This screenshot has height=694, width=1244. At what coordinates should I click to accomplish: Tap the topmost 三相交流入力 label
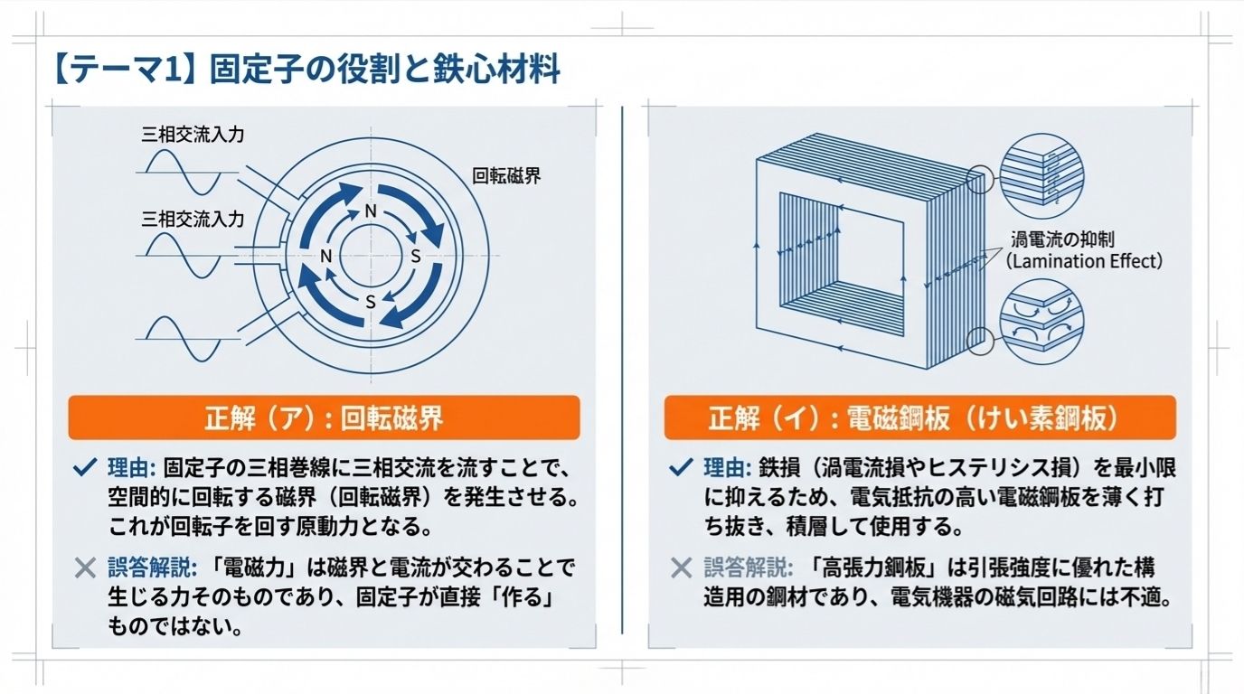pyautogui.click(x=193, y=135)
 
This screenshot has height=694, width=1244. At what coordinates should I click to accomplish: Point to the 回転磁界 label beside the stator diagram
pyautogui.click(x=506, y=176)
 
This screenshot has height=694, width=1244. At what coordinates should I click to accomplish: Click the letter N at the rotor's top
pyautogui.click(x=370, y=211)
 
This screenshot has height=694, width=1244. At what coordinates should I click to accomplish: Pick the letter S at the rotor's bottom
pyautogui.click(x=370, y=302)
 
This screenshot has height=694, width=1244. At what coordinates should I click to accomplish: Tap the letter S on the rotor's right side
pyautogui.click(x=416, y=256)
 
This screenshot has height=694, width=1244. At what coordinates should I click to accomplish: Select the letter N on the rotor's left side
pyautogui.click(x=326, y=256)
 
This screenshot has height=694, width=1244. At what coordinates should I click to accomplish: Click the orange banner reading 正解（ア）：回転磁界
pyautogui.click(x=324, y=418)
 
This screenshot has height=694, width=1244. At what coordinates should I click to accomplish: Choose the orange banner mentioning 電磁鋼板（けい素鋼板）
pyautogui.click(x=919, y=418)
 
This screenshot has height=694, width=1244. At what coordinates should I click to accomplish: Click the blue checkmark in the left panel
pyautogui.click(x=84, y=467)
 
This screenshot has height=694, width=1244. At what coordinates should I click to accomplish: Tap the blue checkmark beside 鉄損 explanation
pyautogui.click(x=680, y=467)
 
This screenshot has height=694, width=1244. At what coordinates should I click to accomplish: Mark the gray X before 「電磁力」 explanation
pyautogui.click(x=84, y=567)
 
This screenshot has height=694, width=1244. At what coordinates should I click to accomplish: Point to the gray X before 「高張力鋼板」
pyautogui.click(x=680, y=567)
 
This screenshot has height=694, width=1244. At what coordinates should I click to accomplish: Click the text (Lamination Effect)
pyautogui.click(x=1085, y=261)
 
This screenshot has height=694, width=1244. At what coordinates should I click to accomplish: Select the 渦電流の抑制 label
pyautogui.click(x=1062, y=239)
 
